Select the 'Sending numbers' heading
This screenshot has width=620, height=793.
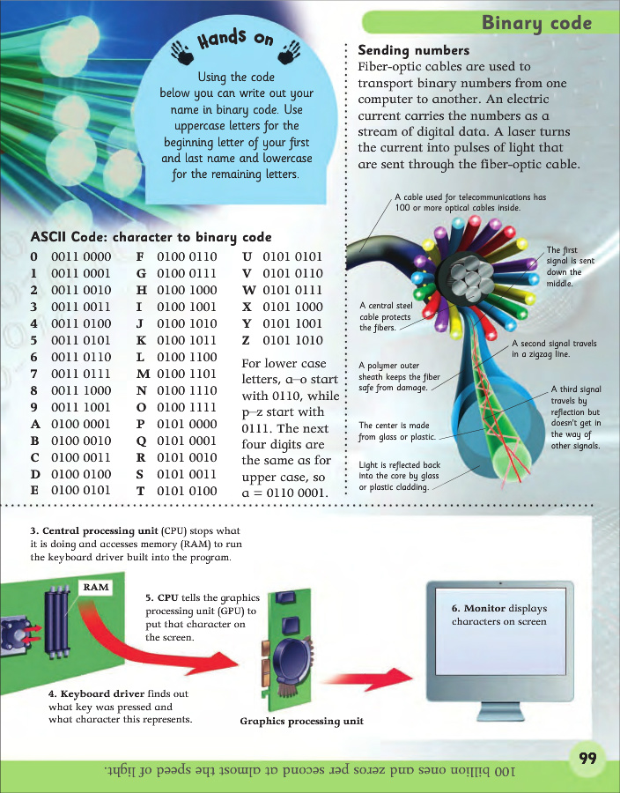[x=414, y=50]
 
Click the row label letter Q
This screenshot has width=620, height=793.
[x=141, y=441]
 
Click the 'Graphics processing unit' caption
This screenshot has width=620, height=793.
[x=301, y=722]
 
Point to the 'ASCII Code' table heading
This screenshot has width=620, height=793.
[x=151, y=237]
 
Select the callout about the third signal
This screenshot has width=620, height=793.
[x=575, y=417]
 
